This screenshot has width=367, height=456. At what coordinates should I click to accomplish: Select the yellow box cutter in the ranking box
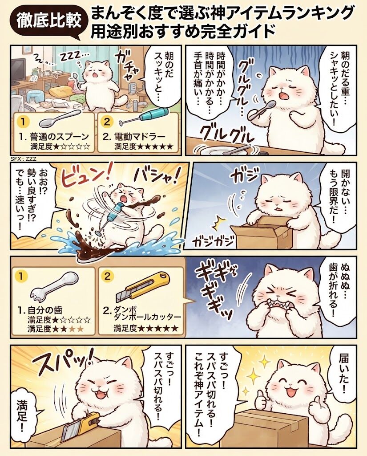point(142,286)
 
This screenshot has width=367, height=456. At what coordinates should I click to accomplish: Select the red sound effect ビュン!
point(87,178)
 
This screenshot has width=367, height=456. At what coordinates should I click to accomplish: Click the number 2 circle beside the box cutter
point(108,276)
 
